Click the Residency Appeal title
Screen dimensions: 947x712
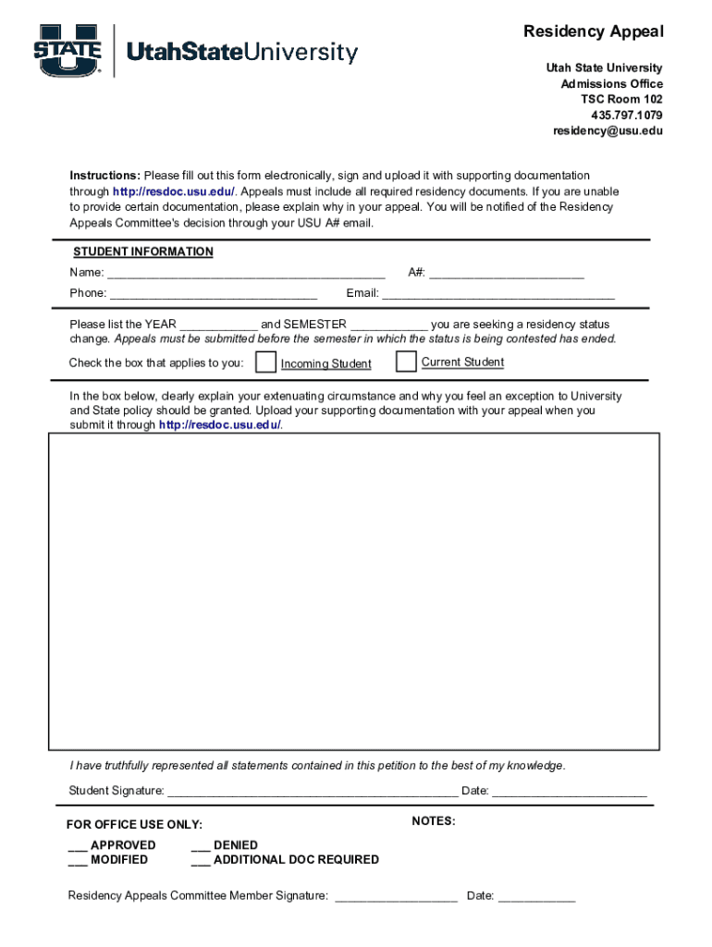(593, 32)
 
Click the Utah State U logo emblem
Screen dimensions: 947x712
(68, 51)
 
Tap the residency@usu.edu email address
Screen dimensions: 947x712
(608, 130)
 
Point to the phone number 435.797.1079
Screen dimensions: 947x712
(626, 115)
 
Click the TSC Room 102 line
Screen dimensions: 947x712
(621, 99)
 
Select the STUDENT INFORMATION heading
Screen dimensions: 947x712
(143, 252)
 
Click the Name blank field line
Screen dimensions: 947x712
(246, 274)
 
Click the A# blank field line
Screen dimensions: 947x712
(506, 274)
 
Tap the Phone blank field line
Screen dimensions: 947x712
(213, 295)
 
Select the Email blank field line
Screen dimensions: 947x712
(498, 295)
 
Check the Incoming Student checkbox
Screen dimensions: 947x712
(265, 362)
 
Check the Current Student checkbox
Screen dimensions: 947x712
(405, 362)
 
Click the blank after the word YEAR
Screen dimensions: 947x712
(218, 326)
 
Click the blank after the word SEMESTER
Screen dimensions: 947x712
(388, 326)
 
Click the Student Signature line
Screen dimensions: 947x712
(312, 793)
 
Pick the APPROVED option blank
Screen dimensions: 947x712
(77, 845)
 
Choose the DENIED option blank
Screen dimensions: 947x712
(200, 845)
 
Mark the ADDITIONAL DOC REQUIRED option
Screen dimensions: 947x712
(200, 860)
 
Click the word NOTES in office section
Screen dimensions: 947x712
(434, 821)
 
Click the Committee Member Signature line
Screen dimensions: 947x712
(396, 897)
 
